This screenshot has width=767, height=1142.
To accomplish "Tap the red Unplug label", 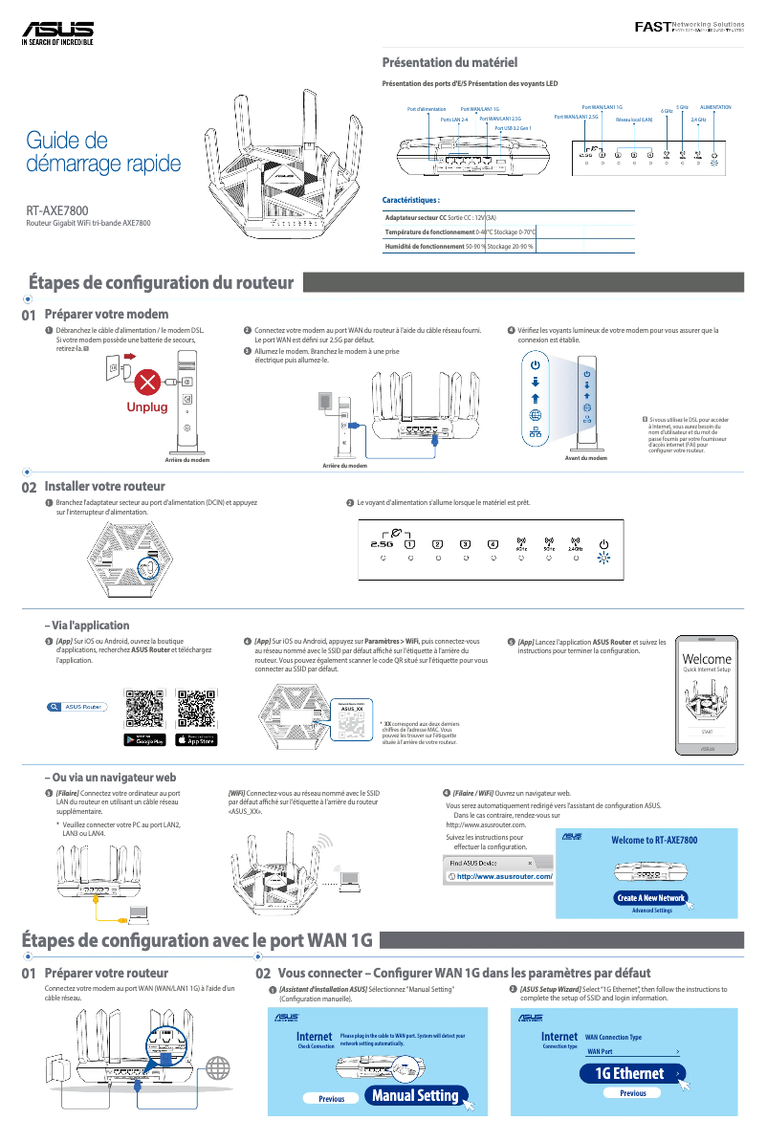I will coord(147,407).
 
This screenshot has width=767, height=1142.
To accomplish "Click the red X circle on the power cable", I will coord(147,383).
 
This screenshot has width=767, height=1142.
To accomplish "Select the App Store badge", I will coord(197,739).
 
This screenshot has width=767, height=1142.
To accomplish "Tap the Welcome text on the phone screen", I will coord(707,659).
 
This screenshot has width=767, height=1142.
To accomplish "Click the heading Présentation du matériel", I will coord(449,63).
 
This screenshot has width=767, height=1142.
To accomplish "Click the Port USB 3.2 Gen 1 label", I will coord(514,127).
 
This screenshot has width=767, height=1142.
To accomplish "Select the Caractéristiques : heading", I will coord(411,201).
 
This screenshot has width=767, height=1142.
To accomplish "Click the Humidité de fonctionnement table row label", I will coord(425,246).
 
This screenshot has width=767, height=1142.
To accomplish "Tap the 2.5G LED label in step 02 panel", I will coord(381,545).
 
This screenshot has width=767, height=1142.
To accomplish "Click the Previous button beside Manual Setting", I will coord(331,1099).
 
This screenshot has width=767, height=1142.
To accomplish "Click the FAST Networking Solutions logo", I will coord(689,26).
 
